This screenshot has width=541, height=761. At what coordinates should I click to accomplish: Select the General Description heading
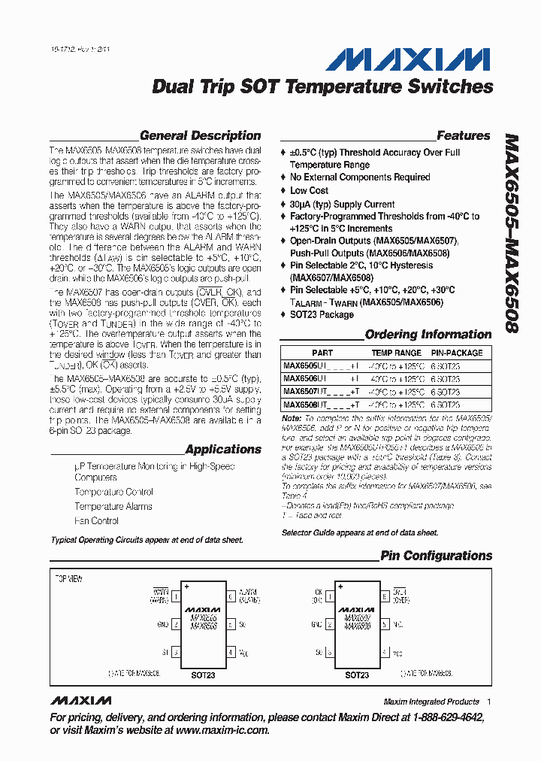click(200, 136)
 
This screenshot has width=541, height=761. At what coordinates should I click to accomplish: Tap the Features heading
click(463, 136)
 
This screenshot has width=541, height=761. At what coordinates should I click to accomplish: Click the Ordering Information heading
click(428, 335)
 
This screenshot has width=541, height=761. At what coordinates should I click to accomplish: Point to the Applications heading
click(223, 450)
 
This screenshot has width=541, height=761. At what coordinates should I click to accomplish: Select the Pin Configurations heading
click(436, 556)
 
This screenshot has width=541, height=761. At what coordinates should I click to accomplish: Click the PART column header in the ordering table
click(322, 353)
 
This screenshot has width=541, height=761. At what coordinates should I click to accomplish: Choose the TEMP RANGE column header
click(397, 353)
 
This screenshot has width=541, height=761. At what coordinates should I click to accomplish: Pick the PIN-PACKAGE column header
click(457, 353)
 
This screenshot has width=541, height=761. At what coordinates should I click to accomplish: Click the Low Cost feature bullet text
click(309, 191)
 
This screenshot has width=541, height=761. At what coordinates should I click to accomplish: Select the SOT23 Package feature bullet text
click(322, 315)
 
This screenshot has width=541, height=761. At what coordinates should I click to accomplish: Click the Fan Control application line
click(96, 520)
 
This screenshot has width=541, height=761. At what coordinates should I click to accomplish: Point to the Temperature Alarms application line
click(113, 506)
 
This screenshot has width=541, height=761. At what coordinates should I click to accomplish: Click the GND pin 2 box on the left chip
click(175, 623)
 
